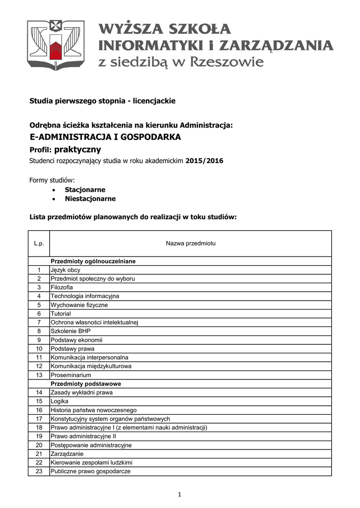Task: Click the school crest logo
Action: point(56,45)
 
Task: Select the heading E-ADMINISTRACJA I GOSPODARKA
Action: point(105,137)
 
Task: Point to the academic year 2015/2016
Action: point(206,161)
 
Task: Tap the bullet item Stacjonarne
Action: point(85,190)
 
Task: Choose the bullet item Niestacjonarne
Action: point(90,198)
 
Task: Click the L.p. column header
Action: point(39,244)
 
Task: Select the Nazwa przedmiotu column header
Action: point(190,244)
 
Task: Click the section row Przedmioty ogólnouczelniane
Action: point(93,261)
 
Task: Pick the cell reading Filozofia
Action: point(62,287)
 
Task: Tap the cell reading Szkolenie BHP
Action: point(71,331)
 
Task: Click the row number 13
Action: point(39,375)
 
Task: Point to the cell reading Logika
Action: point(59,401)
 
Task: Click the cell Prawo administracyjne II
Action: point(83,436)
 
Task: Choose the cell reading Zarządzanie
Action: point(67,453)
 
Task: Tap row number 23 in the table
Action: point(39,471)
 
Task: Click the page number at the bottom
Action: point(180,494)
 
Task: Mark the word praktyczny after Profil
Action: point(77,149)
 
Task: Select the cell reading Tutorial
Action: point(61,314)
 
